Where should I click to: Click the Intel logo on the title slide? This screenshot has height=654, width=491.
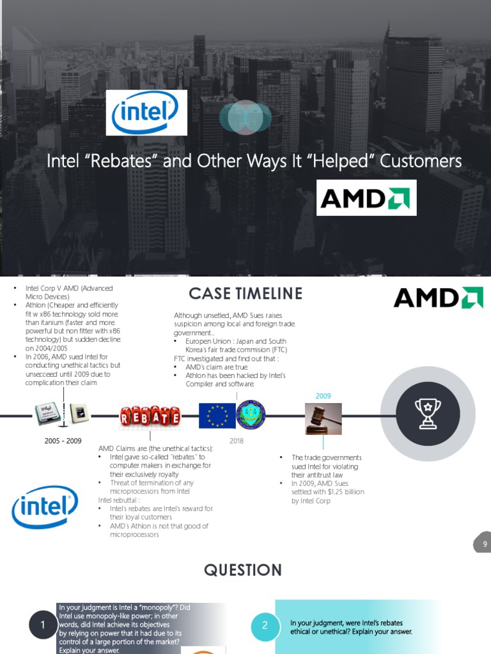[x=146, y=112]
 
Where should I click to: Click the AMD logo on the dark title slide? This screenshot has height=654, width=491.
[x=366, y=197]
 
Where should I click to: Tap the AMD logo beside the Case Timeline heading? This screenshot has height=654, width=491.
[x=438, y=298]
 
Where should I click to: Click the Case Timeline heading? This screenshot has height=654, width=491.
[x=245, y=294]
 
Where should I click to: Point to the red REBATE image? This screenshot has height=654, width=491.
[x=150, y=418]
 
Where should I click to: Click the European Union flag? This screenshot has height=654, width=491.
[x=217, y=415]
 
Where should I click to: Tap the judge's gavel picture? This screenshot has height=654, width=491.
[x=323, y=418]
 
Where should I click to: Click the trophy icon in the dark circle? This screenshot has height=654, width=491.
[x=427, y=414]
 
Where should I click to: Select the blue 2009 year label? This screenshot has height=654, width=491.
[x=323, y=396]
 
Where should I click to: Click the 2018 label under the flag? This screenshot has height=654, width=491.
[x=237, y=441]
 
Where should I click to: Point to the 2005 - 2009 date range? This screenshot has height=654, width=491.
[x=63, y=441]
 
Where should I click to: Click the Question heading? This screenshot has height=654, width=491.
[x=242, y=570]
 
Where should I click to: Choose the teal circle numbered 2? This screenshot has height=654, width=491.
[x=264, y=626]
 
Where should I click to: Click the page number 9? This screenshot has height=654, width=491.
[x=485, y=544]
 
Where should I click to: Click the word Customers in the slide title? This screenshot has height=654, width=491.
[x=420, y=161]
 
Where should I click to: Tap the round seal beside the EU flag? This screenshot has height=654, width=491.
[x=251, y=415]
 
